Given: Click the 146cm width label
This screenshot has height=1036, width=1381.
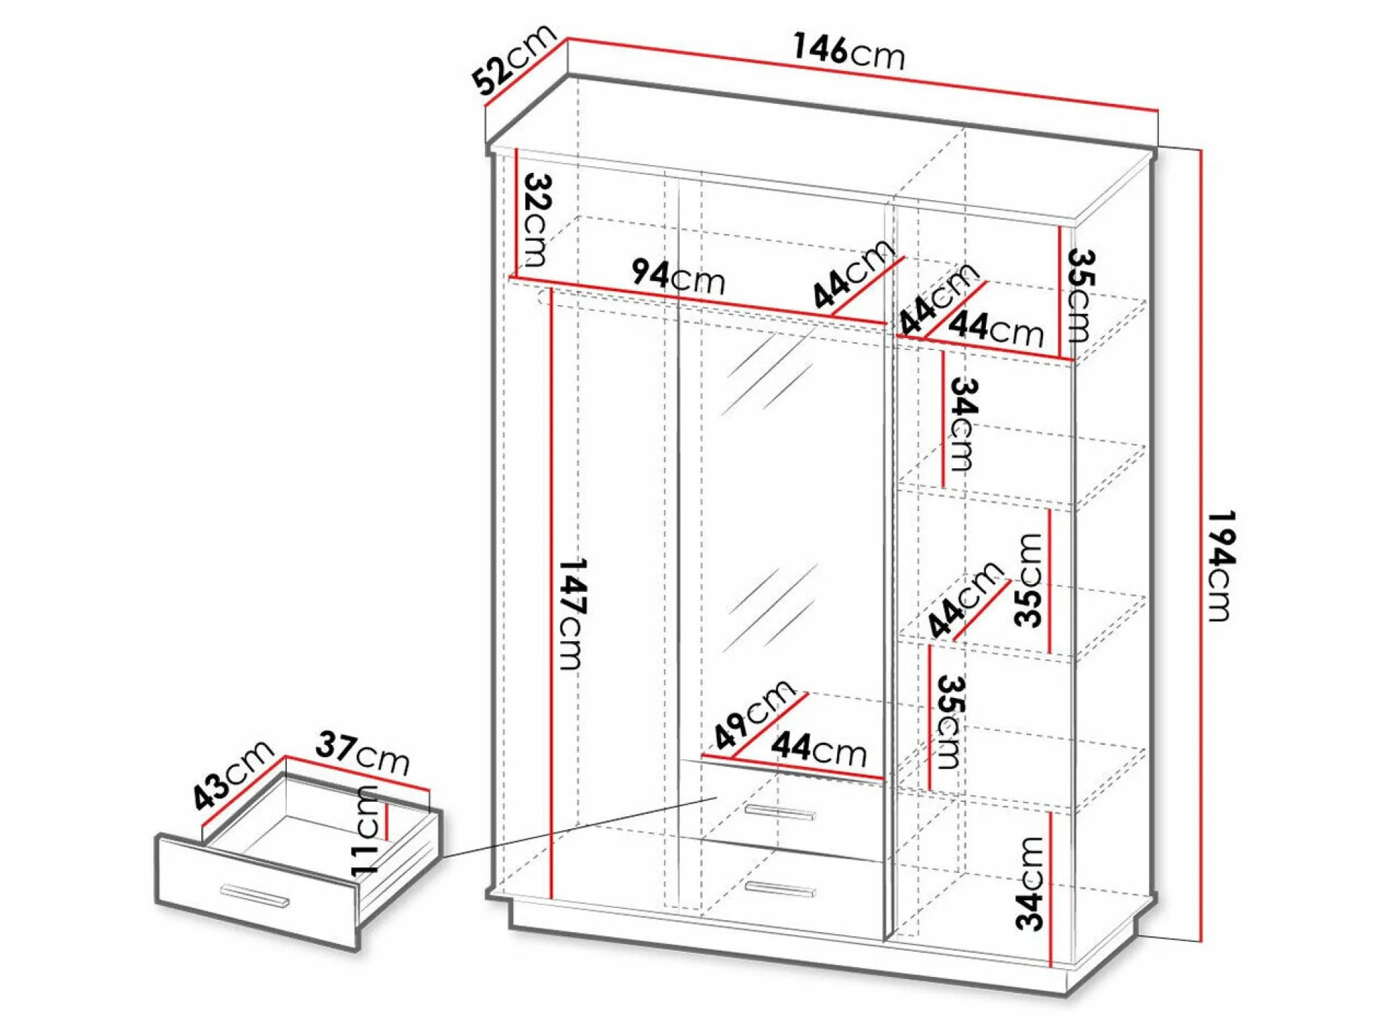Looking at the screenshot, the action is click(x=849, y=51).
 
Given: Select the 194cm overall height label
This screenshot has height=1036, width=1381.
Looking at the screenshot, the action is click(x=1221, y=566).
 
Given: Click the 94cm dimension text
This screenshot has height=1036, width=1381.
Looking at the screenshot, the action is click(x=678, y=276).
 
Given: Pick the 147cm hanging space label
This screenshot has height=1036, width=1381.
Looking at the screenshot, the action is click(x=572, y=613).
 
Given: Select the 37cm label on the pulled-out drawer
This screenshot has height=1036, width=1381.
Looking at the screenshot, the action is click(x=363, y=752).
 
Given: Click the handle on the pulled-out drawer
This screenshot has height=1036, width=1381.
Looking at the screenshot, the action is click(x=255, y=895).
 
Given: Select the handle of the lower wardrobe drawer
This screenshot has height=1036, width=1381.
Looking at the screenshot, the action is click(x=780, y=889).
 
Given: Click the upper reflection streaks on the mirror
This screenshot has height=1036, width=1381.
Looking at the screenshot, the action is click(x=767, y=374).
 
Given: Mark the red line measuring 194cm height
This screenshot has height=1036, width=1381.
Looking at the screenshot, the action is click(x=1201, y=546).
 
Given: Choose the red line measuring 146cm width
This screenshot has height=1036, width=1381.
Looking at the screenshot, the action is click(x=862, y=74).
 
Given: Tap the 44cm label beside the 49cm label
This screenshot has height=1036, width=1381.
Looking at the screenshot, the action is click(x=819, y=749).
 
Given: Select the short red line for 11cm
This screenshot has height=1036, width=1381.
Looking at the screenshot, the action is click(x=387, y=822).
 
